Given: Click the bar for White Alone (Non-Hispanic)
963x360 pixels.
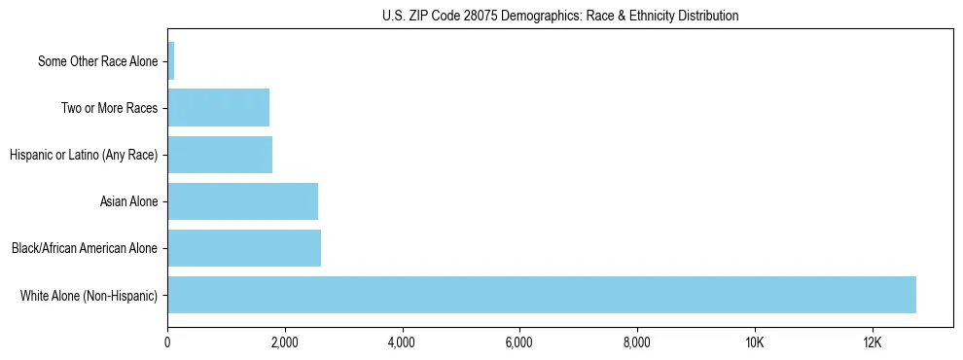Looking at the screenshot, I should pyautogui.click(x=542, y=295).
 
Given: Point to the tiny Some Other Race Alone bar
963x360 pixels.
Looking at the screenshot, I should pyautogui.click(x=171, y=61).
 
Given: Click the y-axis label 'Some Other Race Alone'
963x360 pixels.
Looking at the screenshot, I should pyautogui.click(x=97, y=61).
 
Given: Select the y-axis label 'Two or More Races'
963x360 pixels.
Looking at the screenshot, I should pyautogui.click(x=109, y=108).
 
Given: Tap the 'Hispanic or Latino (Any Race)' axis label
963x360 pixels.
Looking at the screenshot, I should pyautogui.click(x=84, y=155).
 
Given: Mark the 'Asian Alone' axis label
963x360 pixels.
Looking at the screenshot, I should pyautogui.click(x=128, y=201).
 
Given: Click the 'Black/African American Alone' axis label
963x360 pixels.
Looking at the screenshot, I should pyautogui.click(x=85, y=248).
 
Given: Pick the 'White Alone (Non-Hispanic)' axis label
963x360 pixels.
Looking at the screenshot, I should pyautogui.click(x=89, y=295).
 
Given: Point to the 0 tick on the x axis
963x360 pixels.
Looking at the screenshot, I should pyautogui.click(x=168, y=342).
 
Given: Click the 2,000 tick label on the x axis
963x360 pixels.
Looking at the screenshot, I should pyautogui.click(x=285, y=342).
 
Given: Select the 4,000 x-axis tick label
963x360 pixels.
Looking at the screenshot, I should pyautogui.click(x=402, y=342).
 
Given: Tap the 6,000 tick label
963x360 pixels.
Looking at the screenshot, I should pyautogui.click(x=519, y=342).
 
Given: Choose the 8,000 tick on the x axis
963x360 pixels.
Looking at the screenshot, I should pyautogui.click(x=637, y=342).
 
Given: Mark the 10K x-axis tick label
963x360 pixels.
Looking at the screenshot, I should pyautogui.click(x=754, y=342).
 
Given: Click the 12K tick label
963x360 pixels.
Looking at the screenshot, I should pyautogui.click(x=872, y=342).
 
